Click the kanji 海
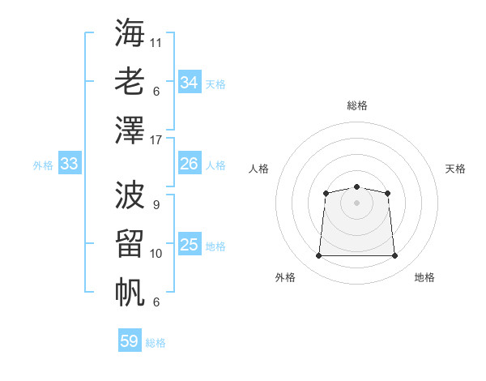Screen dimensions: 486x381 pyautogui.click(x=130, y=32)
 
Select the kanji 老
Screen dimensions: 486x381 pyautogui.click(x=130, y=81)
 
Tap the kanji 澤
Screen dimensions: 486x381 pyautogui.click(x=130, y=130)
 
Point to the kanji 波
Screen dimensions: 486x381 pyautogui.click(x=130, y=195)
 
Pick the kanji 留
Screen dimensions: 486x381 pyautogui.click(x=130, y=243)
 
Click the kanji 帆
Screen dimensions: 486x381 pyautogui.click(x=130, y=292)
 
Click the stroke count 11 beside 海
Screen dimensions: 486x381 pyautogui.click(x=156, y=43)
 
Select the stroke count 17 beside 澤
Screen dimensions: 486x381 pyautogui.click(x=156, y=140)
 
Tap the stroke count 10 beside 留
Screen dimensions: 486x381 pyautogui.click(x=156, y=254)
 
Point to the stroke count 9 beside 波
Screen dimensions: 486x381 pyautogui.click(x=156, y=205)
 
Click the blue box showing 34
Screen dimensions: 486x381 pyautogui.click(x=190, y=81)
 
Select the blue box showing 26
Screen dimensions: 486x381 pyautogui.click(x=190, y=163)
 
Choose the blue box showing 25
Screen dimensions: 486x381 pyautogui.click(x=190, y=243)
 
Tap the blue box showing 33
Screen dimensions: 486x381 pyautogui.click(x=70, y=163)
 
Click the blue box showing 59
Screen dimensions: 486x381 pyautogui.click(x=130, y=340)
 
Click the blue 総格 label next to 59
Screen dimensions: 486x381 pyautogui.click(x=156, y=343)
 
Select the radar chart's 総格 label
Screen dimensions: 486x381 pyautogui.click(x=357, y=105)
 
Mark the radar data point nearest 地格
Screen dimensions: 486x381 pyautogui.click(x=394, y=255)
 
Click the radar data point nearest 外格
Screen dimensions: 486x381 pyautogui.click(x=318, y=255)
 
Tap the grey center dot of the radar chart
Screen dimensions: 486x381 pyautogui.click(x=356, y=203)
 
